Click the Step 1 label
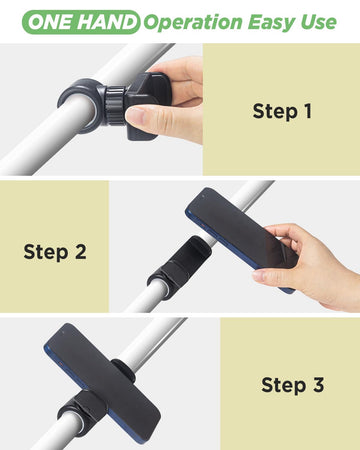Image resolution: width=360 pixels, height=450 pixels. point(281,110)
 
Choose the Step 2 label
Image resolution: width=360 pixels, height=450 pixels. point(54,251)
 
